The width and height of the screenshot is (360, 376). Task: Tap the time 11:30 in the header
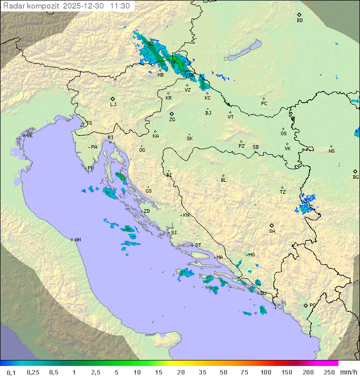coord(120,6)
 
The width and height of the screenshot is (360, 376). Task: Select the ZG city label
coord(172,120)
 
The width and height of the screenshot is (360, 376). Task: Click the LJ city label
coord(113,105)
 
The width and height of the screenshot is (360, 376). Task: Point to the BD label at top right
coord(299,21)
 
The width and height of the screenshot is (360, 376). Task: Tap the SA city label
coord(272,231)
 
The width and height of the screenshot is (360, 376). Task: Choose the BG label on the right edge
coord(355,177)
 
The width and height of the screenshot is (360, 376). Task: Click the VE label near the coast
coord(29,136)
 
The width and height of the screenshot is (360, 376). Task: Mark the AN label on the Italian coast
coord(77,240)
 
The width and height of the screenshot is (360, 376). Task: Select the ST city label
coord(198,245)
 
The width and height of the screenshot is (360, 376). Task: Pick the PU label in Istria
coord(90,168)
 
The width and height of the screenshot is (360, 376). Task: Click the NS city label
coord(331,151)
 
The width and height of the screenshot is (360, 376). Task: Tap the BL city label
coord(223,180)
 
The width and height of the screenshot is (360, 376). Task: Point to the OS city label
coord(283,134)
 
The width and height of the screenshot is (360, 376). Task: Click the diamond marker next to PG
coord(305,305)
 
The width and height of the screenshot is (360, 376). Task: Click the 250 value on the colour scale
coord(328,372)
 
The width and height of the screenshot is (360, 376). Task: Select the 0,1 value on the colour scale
coord(11,372)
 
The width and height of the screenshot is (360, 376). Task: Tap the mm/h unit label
coord(348,372)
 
